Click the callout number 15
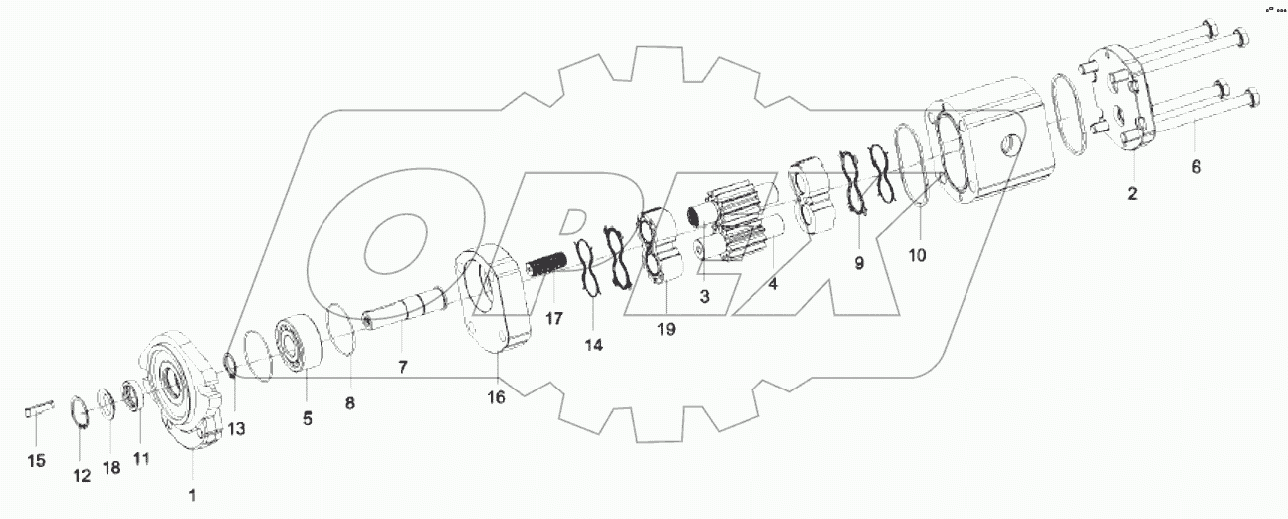36,461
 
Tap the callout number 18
111,467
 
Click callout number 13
235,429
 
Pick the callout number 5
308,419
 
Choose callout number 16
496,397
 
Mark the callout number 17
553,319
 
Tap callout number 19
665,328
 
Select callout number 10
917,254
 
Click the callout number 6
1196,167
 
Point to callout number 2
1132,193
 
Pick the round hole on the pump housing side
1010,143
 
